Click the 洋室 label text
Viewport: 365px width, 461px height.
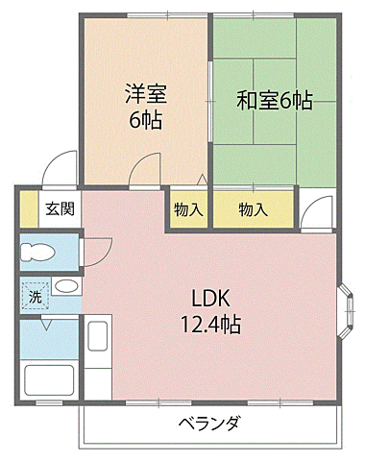click(145, 94)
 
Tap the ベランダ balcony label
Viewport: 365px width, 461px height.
click(207, 425)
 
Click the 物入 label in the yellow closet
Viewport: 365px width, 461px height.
click(253, 209)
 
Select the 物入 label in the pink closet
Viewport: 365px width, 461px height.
click(188, 209)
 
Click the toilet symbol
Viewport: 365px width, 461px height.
click(39, 253)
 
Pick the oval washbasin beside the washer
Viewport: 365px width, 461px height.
click(65, 286)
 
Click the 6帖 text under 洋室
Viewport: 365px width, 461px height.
click(145, 120)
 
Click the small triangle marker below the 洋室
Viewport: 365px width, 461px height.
click(199, 179)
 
